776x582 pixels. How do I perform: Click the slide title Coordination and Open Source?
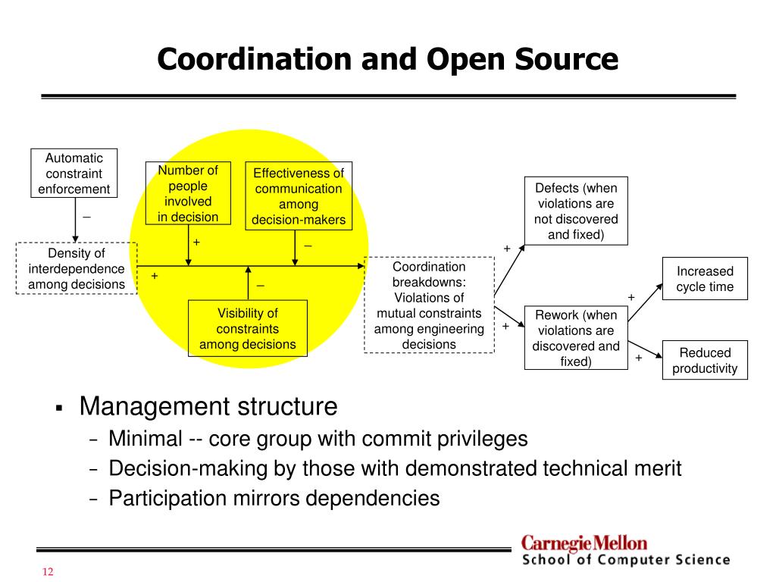[387, 59]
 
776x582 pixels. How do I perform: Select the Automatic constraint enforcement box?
[74, 174]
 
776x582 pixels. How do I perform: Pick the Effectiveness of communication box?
[299, 196]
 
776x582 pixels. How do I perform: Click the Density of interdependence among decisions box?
[77, 268]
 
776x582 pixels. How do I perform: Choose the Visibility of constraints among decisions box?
[248, 328]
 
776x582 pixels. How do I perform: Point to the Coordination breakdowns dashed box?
[429, 305]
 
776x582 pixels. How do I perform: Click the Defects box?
[576, 211]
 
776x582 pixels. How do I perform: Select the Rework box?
[576, 337]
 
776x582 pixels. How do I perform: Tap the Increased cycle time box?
[705, 279]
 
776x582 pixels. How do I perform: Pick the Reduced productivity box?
[705, 360]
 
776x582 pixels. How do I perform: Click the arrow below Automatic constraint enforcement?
[75, 219]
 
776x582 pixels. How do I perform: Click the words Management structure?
[208, 407]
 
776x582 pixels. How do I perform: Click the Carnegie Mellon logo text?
[584, 543]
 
